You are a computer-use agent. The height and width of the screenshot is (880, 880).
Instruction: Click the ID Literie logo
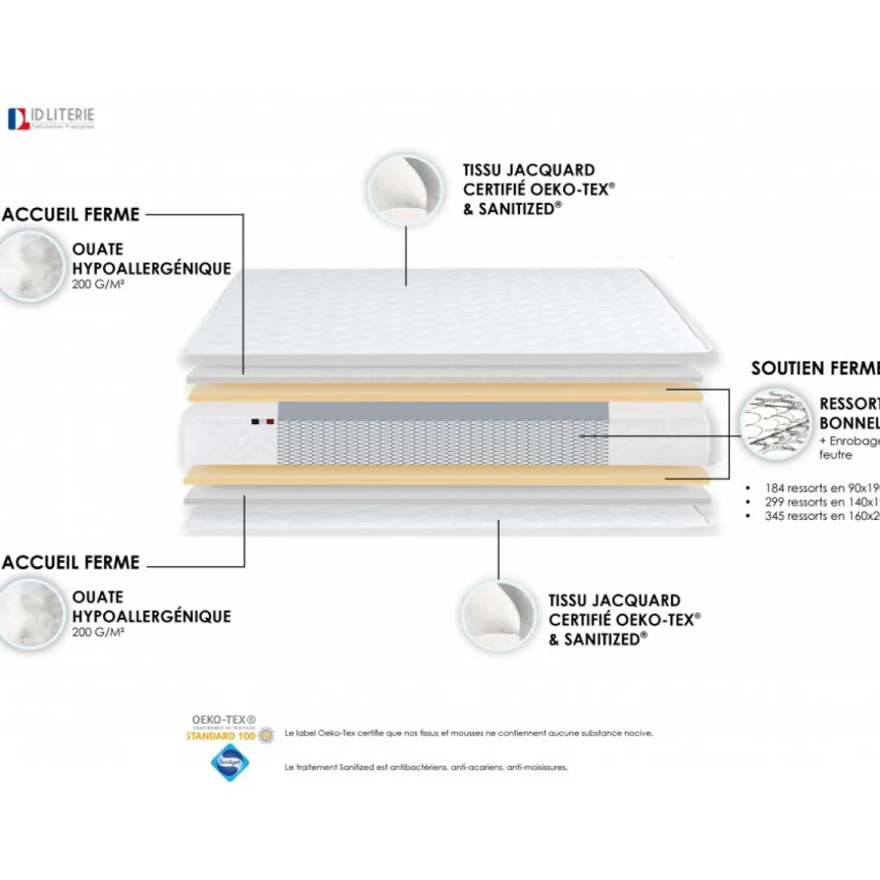[51, 118]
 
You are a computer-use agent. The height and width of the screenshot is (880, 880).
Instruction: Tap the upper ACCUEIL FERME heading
[70, 214]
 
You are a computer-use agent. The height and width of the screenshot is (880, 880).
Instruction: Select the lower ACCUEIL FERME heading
[70, 562]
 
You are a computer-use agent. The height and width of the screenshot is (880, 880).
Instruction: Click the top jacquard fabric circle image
[406, 190]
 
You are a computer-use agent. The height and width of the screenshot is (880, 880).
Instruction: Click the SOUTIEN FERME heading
[814, 369]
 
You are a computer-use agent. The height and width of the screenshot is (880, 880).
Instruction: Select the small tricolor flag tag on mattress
[262, 421]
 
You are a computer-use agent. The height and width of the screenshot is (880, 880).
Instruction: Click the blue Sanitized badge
[229, 763]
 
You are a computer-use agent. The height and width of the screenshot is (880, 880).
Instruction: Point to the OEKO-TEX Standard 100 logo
[228, 729]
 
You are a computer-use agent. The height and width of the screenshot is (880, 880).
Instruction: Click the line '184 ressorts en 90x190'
[821, 488]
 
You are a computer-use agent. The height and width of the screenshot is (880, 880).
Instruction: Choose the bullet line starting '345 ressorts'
[821, 516]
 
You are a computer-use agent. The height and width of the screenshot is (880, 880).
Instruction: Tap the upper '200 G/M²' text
[98, 285]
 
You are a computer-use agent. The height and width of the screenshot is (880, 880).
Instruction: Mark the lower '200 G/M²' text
[98, 633]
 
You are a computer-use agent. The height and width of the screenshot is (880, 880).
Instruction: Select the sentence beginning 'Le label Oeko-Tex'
[468, 733]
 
